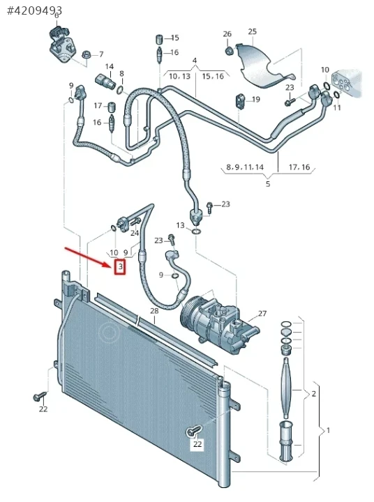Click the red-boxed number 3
[x=120, y=266]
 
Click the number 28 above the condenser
[x=154, y=310]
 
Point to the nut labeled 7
[x=87, y=54]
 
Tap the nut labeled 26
[x=228, y=51]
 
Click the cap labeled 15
[x=159, y=39]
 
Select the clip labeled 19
[x=241, y=101]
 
